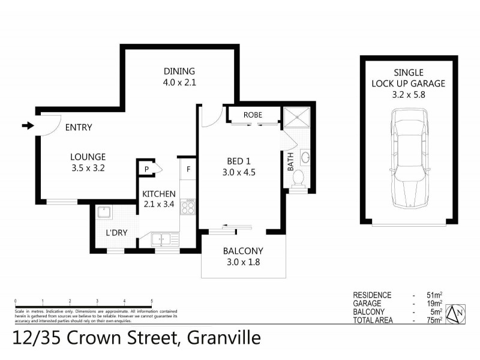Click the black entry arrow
click(x=28, y=126)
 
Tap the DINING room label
click(x=179, y=70)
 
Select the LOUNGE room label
click(x=88, y=157)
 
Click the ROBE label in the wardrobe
click(x=253, y=115)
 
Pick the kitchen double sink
click(x=162, y=239)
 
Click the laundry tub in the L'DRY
click(x=103, y=212)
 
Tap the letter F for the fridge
click(x=188, y=169)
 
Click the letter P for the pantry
click(x=146, y=169)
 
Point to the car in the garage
click(x=409, y=160)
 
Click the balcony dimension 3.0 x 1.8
click(x=244, y=262)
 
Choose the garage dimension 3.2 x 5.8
click(x=410, y=94)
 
